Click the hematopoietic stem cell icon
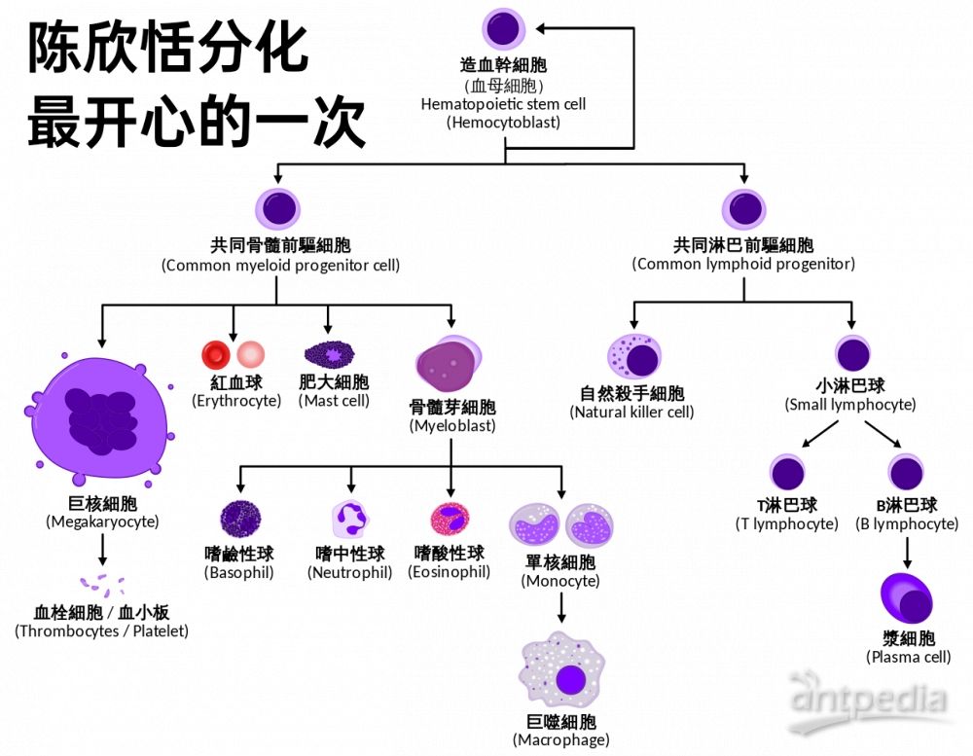503,28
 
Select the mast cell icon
332,352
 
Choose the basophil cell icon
239,519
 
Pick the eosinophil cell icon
450,520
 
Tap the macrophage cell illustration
561,672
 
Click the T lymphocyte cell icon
787,473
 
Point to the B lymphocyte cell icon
907,473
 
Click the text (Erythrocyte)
235,401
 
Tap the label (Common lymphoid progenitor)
743,265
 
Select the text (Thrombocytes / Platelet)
101,631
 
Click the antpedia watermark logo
869,698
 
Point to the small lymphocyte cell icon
852,355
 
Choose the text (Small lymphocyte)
850,405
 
